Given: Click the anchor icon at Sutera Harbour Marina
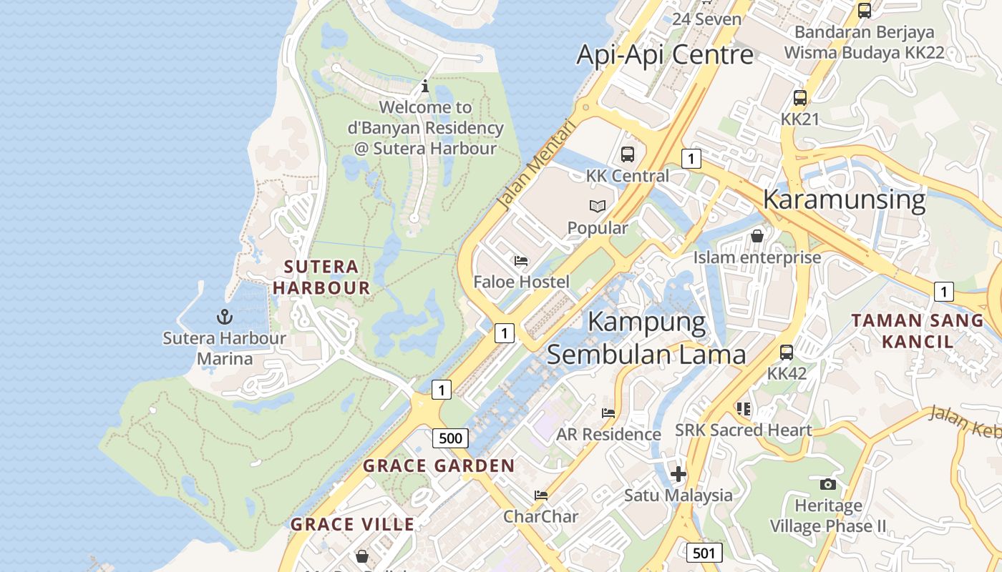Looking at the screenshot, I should coord(225,316).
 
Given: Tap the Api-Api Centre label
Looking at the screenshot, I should coord(665,55).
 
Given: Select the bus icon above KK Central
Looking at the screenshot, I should coord(627,154).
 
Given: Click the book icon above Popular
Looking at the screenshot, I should coord(597,207).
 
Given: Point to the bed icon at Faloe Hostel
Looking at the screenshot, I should coord(521,261).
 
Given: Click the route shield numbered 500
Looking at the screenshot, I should coord(450,438).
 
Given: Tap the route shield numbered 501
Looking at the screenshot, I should coord(704,552).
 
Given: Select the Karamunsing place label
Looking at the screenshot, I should coord(844,199).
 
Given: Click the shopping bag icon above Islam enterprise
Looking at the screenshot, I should coord(757,235).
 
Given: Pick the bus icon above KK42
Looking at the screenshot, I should coord(786,352).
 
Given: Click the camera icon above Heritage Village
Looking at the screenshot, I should coord(827,484).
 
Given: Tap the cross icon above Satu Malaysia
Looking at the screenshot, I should coord(678,473).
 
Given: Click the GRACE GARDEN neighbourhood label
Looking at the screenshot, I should coord(439,466).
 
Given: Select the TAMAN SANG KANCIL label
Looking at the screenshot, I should coord(918,330).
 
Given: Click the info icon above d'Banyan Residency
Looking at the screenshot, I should coord(425,86).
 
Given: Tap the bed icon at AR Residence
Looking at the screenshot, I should coord(608,413).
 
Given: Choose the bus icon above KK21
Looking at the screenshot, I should coord(799,98).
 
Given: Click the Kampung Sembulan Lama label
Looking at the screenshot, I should coord(646,337).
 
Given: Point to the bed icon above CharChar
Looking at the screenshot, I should coord(540,495).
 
